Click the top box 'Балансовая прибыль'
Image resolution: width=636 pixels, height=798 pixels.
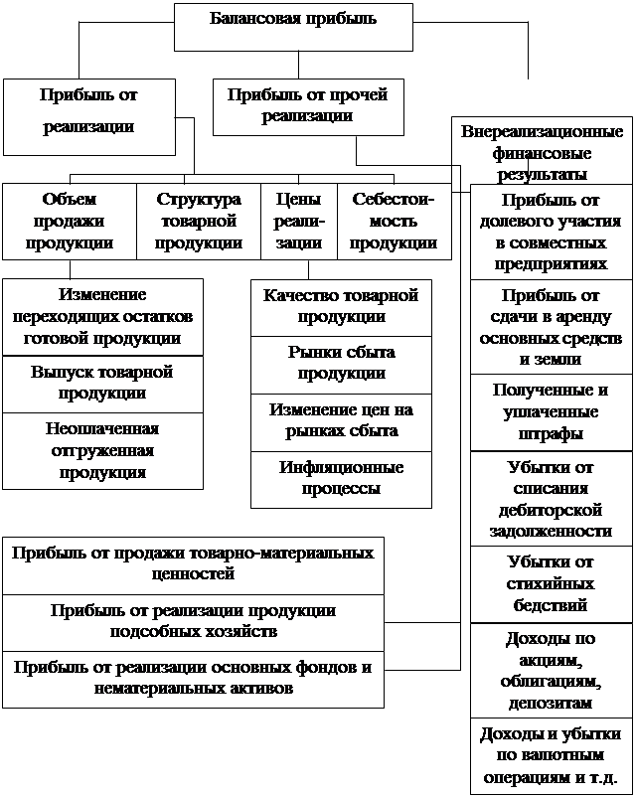293,28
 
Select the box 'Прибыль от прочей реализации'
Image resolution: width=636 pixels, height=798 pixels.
308,107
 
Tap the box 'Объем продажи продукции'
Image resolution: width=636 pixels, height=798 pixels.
70,222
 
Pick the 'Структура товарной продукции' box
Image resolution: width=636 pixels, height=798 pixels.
199,222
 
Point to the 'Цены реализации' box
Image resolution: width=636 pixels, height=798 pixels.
299,222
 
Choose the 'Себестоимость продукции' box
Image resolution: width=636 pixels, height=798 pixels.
395,222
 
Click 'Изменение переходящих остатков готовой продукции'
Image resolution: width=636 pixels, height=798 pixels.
102,317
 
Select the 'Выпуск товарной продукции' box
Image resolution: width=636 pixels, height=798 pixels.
102,385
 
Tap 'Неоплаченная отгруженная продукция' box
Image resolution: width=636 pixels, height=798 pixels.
102,451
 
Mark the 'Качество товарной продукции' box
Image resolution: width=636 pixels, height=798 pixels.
342,308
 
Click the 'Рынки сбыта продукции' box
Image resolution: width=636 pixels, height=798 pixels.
342,365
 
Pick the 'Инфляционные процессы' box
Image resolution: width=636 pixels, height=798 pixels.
342,479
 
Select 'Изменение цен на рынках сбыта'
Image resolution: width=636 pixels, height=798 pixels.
342,422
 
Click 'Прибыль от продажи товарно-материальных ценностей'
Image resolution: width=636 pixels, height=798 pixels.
194,565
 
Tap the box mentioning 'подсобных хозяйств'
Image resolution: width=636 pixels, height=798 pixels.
194,622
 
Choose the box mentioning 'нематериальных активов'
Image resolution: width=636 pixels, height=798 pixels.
194,680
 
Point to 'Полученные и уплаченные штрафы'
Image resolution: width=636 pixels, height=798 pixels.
551,412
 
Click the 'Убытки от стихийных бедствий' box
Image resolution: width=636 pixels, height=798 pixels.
551,584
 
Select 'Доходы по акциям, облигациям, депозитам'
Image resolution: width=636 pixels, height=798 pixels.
551,670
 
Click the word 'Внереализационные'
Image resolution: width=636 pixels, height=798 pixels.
543,132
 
